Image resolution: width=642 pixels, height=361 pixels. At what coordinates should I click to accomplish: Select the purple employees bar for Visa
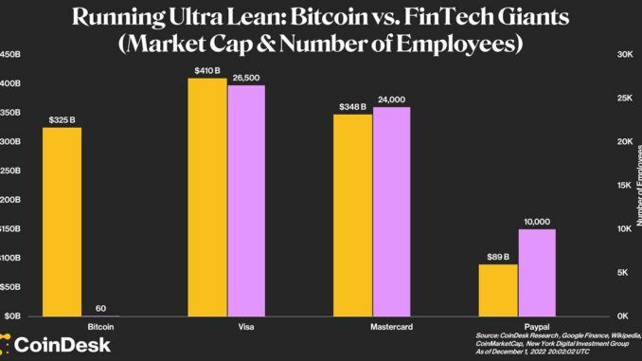coord(245,200)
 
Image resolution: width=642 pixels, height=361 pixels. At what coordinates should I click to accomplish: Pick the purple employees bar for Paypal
coord(536,272)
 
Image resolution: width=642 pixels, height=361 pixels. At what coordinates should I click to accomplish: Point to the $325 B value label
coord(62,120)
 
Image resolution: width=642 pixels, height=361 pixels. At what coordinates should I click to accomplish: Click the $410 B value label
coord(208,70)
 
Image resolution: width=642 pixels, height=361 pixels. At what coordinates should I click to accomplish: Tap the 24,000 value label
coord(391,99)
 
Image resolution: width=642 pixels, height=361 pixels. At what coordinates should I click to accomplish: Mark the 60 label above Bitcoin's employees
coord(99,307)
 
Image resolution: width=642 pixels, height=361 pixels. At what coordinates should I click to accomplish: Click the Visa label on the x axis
coord(227,326)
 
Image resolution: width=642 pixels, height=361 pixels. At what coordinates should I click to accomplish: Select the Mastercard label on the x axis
coord(372,326)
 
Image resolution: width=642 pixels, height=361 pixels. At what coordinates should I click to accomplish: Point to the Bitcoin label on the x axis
coord(81,326)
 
